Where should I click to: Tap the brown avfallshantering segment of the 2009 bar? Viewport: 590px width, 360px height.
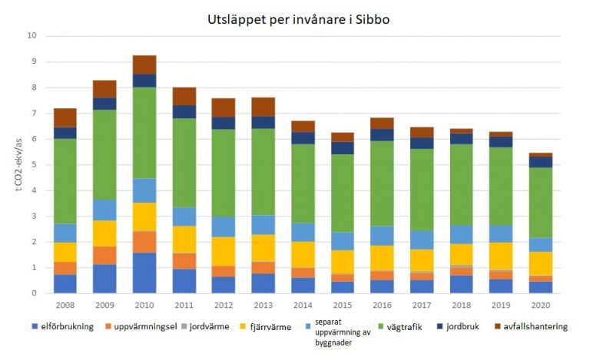point(104,89)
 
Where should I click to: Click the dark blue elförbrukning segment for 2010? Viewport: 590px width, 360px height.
point(144,272)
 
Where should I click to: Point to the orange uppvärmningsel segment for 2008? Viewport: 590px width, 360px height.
point(65,268)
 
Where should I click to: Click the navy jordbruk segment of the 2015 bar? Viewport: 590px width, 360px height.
point(343,147)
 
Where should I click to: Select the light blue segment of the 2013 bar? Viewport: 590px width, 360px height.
point(263,224)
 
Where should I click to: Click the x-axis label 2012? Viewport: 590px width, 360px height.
point(224,305)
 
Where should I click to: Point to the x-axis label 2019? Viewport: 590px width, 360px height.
point(501,305)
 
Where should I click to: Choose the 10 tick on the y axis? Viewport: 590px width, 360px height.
point(32,36)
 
